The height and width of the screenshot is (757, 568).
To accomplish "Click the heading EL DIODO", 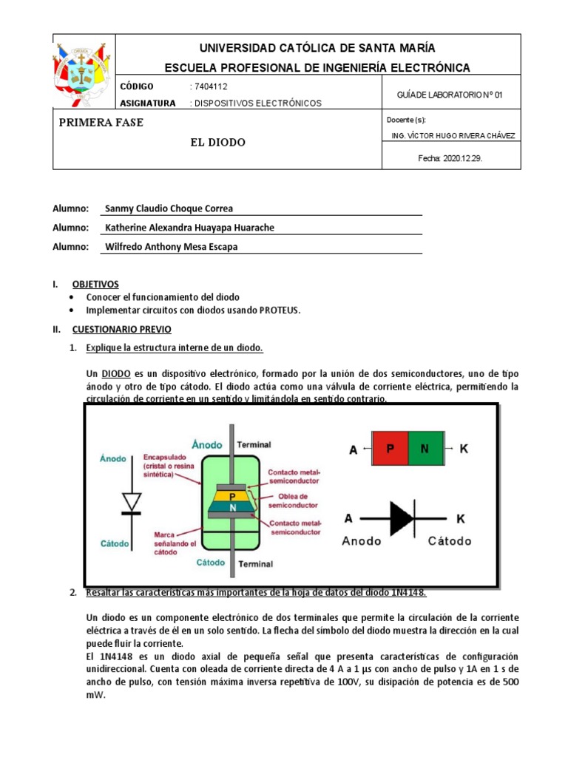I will [217, 142].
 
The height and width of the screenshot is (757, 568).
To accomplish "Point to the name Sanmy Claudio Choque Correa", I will [169, 208].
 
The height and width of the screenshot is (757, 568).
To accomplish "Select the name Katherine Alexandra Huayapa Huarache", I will [190, 228].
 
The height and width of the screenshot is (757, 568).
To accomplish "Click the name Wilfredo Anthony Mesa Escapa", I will [172, 247].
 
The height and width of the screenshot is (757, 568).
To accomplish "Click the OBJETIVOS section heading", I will [95, 284].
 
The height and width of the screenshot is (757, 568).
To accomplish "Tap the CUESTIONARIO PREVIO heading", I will [121, 329].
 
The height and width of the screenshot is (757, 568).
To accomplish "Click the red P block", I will [390, 449].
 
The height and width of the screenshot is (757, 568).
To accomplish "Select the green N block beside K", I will [424, 449].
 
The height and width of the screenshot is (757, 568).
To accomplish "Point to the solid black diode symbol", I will [402, 519].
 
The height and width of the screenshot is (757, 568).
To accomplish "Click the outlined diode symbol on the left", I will [132, 501].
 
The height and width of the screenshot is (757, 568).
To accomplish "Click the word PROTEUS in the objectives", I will [280, 310].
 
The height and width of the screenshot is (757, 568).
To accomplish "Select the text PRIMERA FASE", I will [101, 123].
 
